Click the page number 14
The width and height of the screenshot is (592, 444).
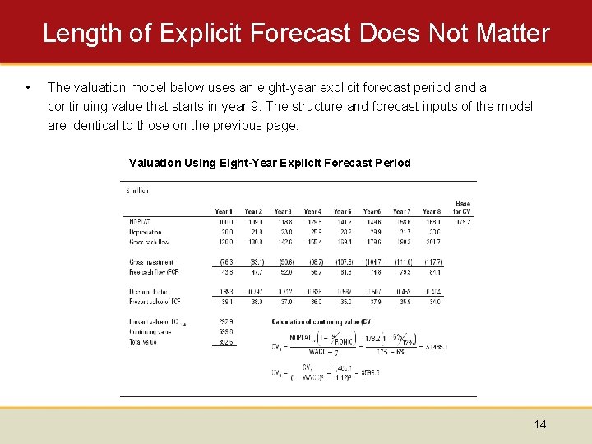pyautogui.click(x=540, y=424)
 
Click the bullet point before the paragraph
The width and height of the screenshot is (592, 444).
pyautogui.click(x=29, y=86)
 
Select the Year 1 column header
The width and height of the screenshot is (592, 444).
pyautogui.click(x=223, y=211)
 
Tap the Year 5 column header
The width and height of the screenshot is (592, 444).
pyautogui.click(x=342, y=211)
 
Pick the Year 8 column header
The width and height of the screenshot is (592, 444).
pyautogui.click(x=431, y=211)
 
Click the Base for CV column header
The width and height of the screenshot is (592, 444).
pyautogui.click(x=462, y=207)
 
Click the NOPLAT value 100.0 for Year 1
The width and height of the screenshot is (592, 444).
pyautogui.click(x=224, y=222)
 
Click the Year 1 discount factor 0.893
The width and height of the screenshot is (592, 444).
pyautogui.click(x=224, y=291)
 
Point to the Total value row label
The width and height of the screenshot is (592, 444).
pyautogui.click(x=142, y=341)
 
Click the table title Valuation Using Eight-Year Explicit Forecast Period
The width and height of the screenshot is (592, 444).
pyautogui.click(x=270, y=163)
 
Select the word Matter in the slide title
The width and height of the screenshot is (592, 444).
pyautogui.click(x=510, y=33)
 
